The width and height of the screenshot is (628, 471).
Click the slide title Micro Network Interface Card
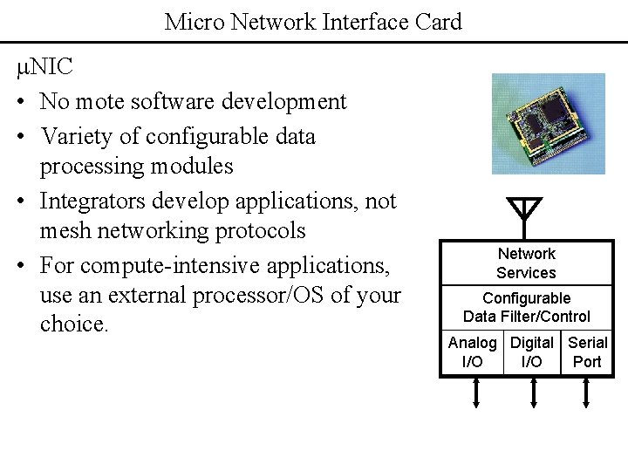pyautogui.click(x=313, y=22)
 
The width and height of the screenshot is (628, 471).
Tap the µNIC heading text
pyautogui.click(x=44, y=66)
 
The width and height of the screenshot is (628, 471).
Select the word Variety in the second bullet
pyautogui.click(x=77, y=137)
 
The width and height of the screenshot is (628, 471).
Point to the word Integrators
pyautogui.click(x=92, y=201)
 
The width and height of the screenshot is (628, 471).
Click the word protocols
pyautogui.click(x=260, y=231)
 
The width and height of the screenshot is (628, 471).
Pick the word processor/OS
pyautogui.click(x=258, y=296)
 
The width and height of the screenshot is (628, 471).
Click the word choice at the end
pyautogui.click(x=74, y=324)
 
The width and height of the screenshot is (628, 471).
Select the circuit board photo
pyautogui.click(x=549, y=124)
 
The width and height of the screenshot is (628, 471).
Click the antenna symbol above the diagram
pyautogui.click(x=524, y=218)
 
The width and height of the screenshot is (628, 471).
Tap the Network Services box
pyautogui.click(x=526, y=263)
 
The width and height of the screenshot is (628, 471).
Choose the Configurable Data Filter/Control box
pyautogui.click(x=526, y=308)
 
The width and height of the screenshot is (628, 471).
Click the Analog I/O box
pyautogui.click(x=472, y=352)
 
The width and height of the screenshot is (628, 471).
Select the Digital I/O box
pyautogui.click(x=532, y=352)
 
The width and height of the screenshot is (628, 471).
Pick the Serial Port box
pyautogui.click(x=587, y=352)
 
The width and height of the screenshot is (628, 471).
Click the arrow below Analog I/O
pyautogui.click(x=476, y=392)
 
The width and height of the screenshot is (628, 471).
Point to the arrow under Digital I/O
pyautogui.click(x=534, y=392)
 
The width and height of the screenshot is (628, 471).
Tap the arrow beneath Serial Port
pyautogui.click(x=586, y=392)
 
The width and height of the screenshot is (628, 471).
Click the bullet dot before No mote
pyautogui.click(x=21, y=102)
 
